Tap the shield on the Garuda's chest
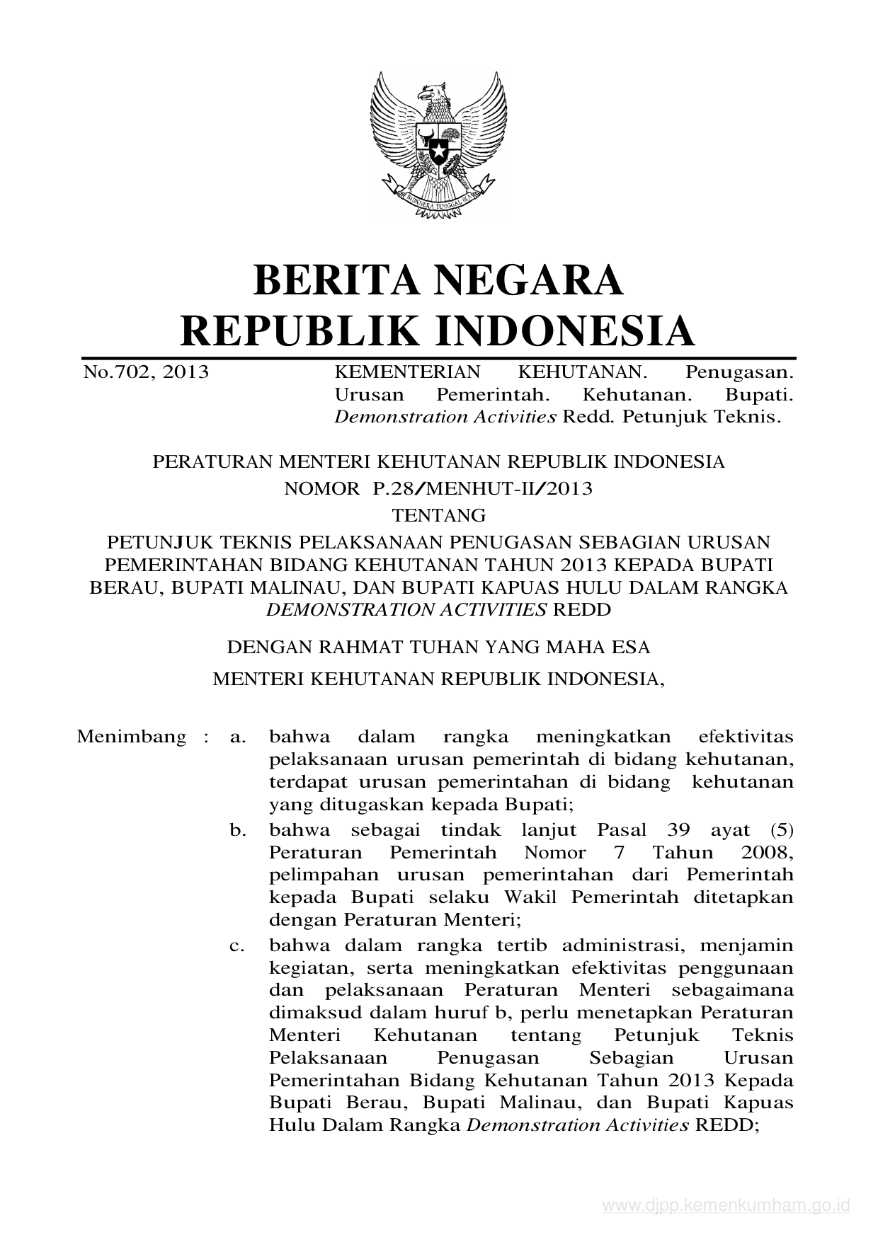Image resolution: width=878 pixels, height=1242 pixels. pyautogui.click(x=438, y=145)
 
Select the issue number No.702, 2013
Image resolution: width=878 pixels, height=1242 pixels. pyautogui.click(x=146, y=372)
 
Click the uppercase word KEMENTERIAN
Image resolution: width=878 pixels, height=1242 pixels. pyautogui.click(x=407, y=372)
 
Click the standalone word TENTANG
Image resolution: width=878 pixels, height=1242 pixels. pyautogui.click(x=438, y=514)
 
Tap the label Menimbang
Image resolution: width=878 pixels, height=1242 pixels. pyautogui.click(x=132, y=737)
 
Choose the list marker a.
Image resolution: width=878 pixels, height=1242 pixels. pyautogui.click(x=238, y=737)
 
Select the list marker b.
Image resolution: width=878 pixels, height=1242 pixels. pyautogui.click(x=238, y=830)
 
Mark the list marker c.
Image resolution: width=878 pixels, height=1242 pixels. pyautogui.click(x=238, y=945)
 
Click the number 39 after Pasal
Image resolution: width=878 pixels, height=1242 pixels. pyautogui.click(x=678, y=829)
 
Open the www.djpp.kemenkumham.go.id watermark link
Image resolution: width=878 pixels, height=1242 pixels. pyautogui.click(x=726, y=1206)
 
